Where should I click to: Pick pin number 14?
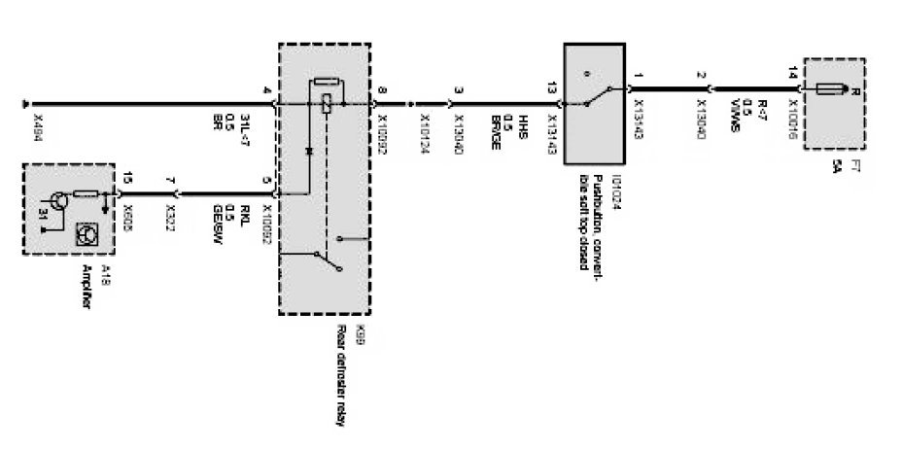click(x=793, y=73)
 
